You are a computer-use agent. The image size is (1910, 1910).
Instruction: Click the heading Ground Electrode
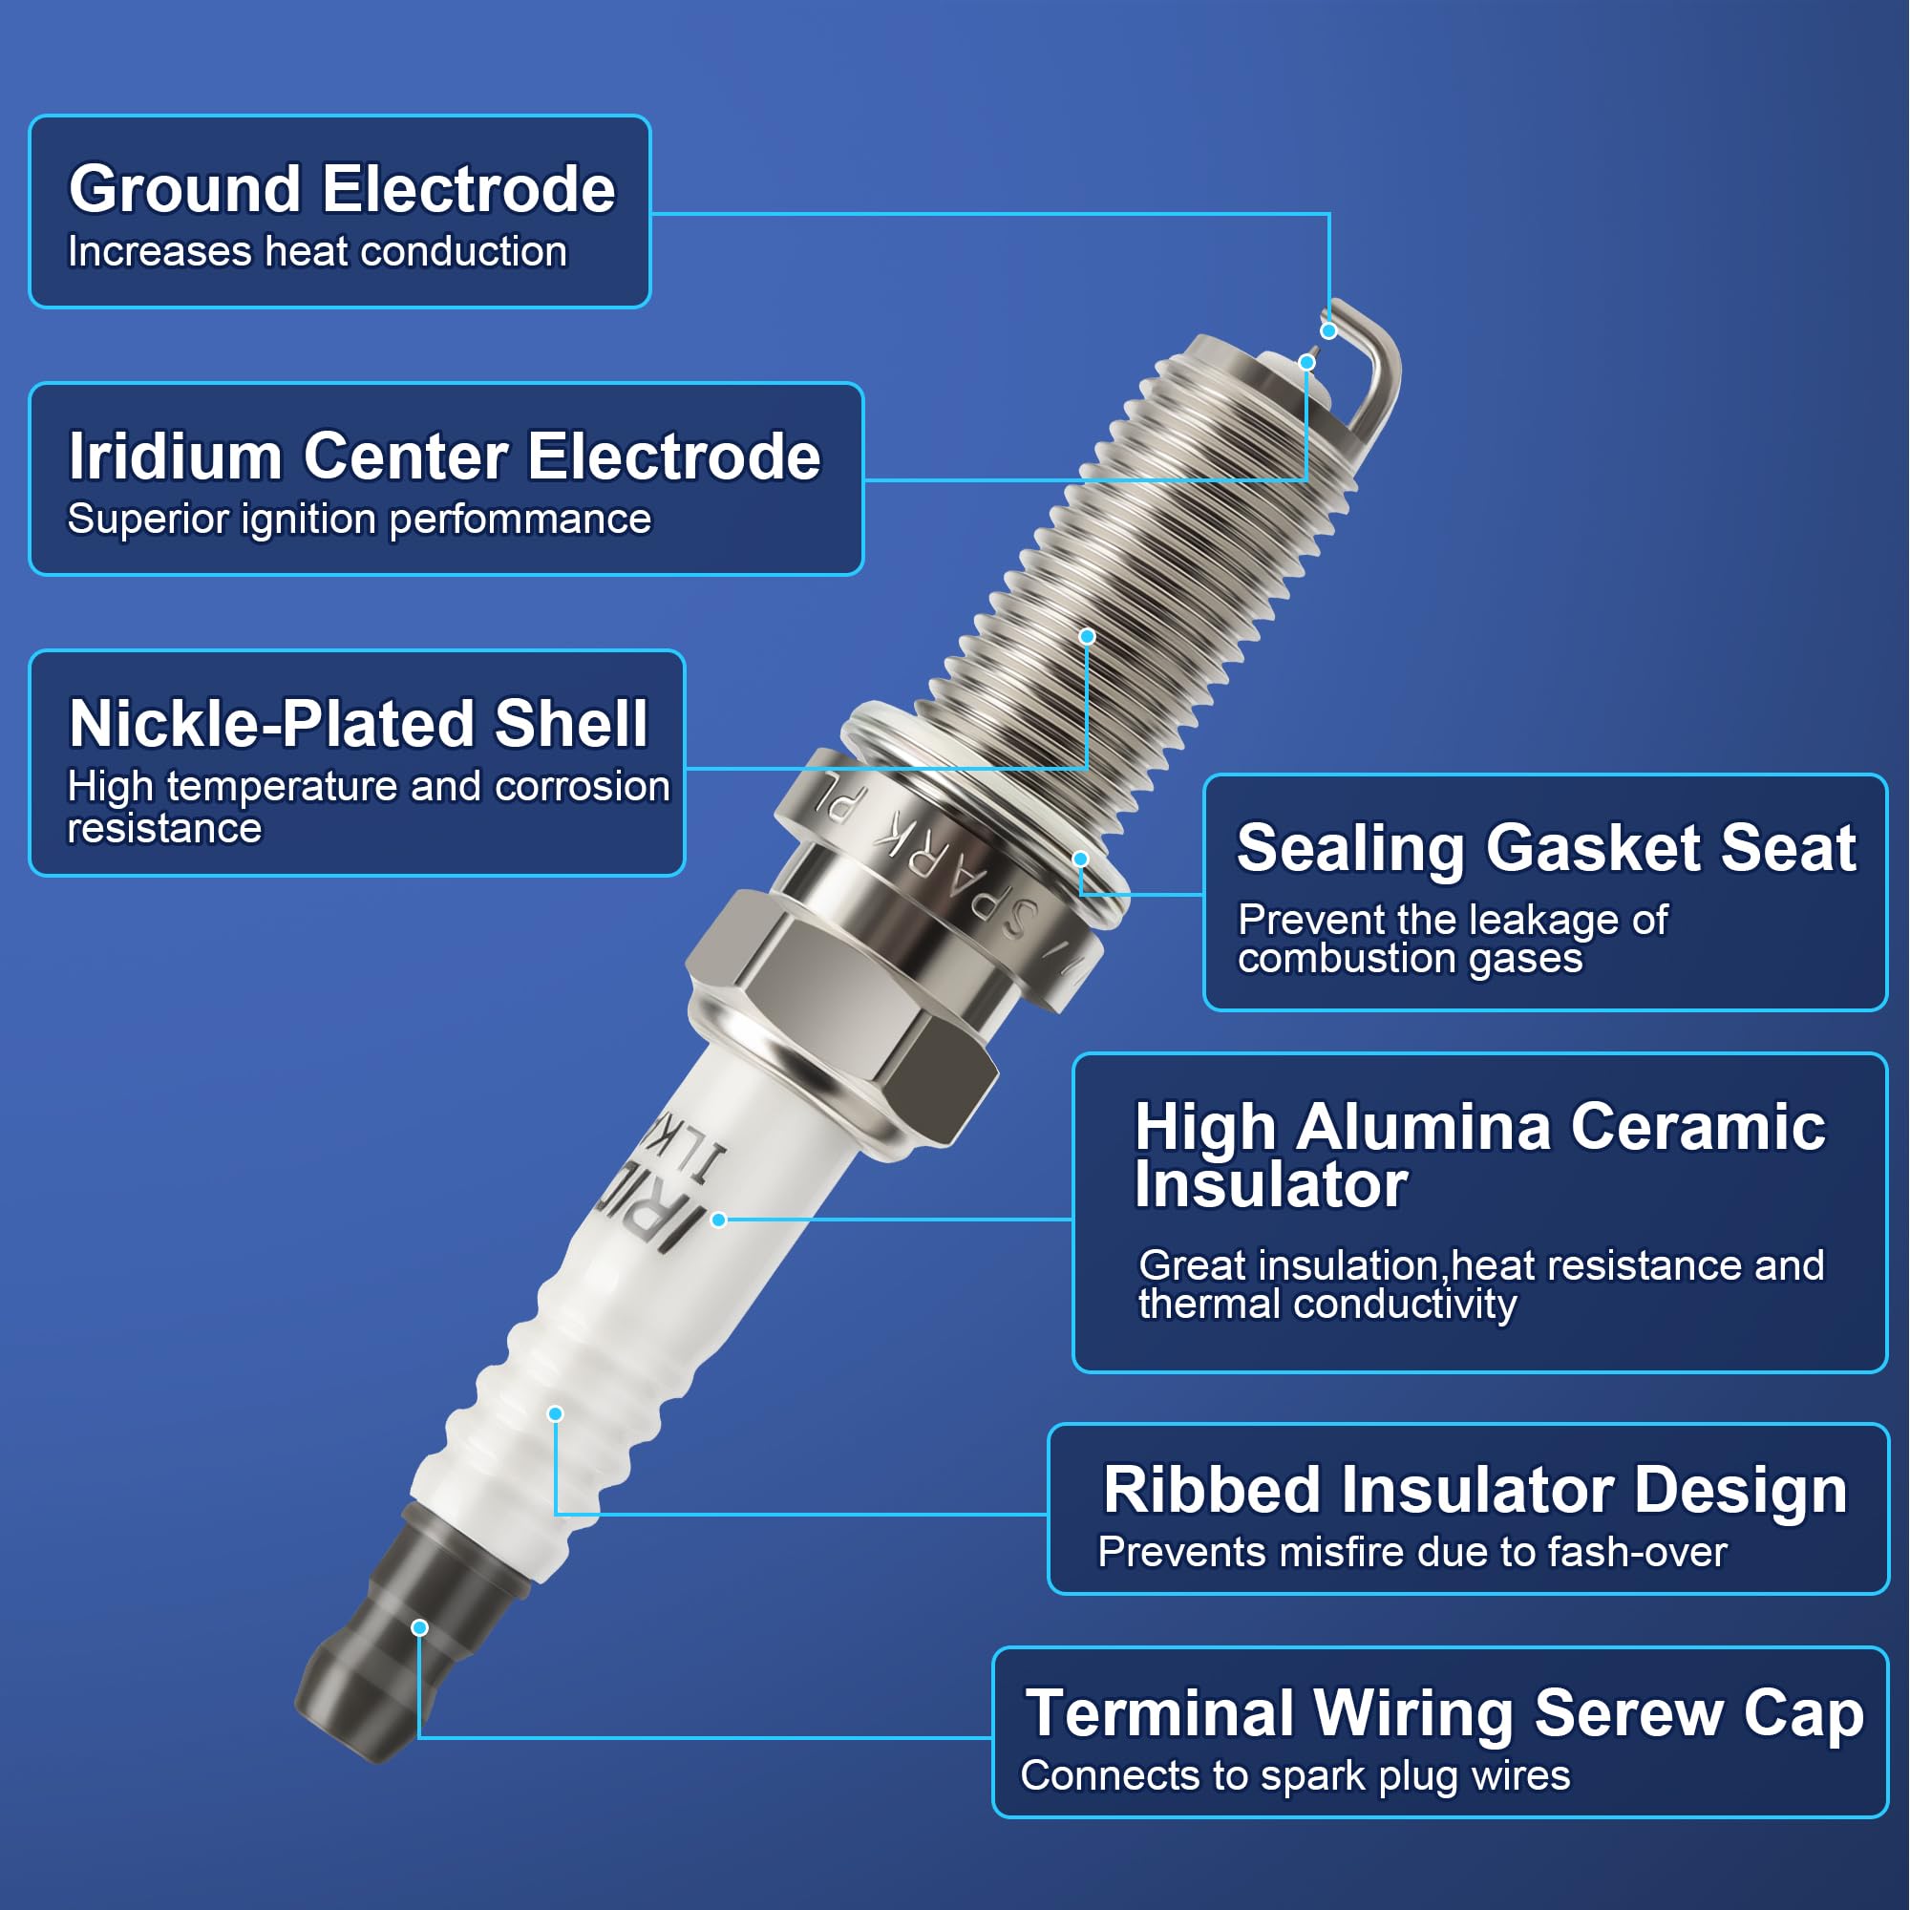[x=341, y=189]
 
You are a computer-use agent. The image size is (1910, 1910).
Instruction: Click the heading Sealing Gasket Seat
[x=1545, y=847]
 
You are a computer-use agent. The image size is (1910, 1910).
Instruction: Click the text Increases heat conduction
[x=317, y=251]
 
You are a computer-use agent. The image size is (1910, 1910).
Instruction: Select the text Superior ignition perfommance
[x=359, y=519]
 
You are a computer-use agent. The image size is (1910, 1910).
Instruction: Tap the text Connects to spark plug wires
[x=1295, y=1775]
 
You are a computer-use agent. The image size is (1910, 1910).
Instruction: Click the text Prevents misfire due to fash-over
[x=1411, y=1552]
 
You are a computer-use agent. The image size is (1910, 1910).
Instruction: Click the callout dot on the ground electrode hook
[x=1328, y=331]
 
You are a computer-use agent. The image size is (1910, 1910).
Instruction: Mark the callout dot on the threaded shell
[x=1087, y=637]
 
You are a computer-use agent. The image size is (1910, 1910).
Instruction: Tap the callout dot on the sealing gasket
[x=1080, y=859]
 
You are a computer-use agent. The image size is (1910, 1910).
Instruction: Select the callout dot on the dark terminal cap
[x=419, y=1627]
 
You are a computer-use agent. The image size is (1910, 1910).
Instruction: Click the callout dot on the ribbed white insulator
[x=556, y=1413]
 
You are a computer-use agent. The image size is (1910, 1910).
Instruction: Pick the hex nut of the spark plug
[x=840, y=1018]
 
